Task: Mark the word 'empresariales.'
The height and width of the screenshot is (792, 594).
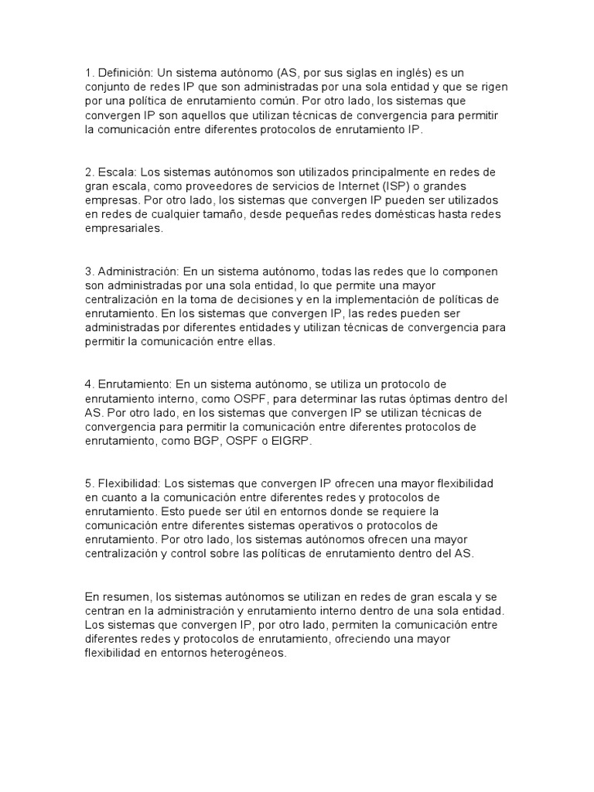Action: click(124, 229)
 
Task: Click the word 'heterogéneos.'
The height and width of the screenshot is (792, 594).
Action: click(249, 654)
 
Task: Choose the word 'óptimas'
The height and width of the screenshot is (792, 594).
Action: click(428, 398)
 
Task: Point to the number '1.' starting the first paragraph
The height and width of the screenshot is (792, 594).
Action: click(90, 73)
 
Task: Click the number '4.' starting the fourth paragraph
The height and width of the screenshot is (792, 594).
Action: click(90, 384)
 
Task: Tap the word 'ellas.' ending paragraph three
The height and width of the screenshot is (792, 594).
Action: click(259, 342)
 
